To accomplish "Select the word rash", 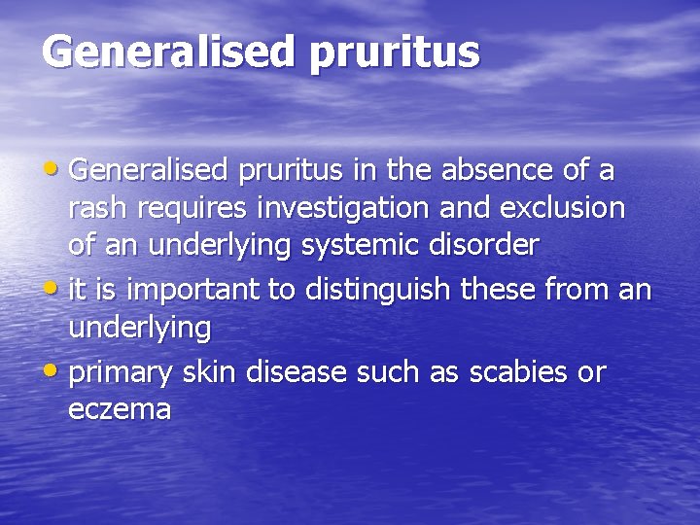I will point(94,208).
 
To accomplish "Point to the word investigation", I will point(332,208).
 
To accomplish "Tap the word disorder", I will point(485,245).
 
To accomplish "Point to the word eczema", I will point(120,409).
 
